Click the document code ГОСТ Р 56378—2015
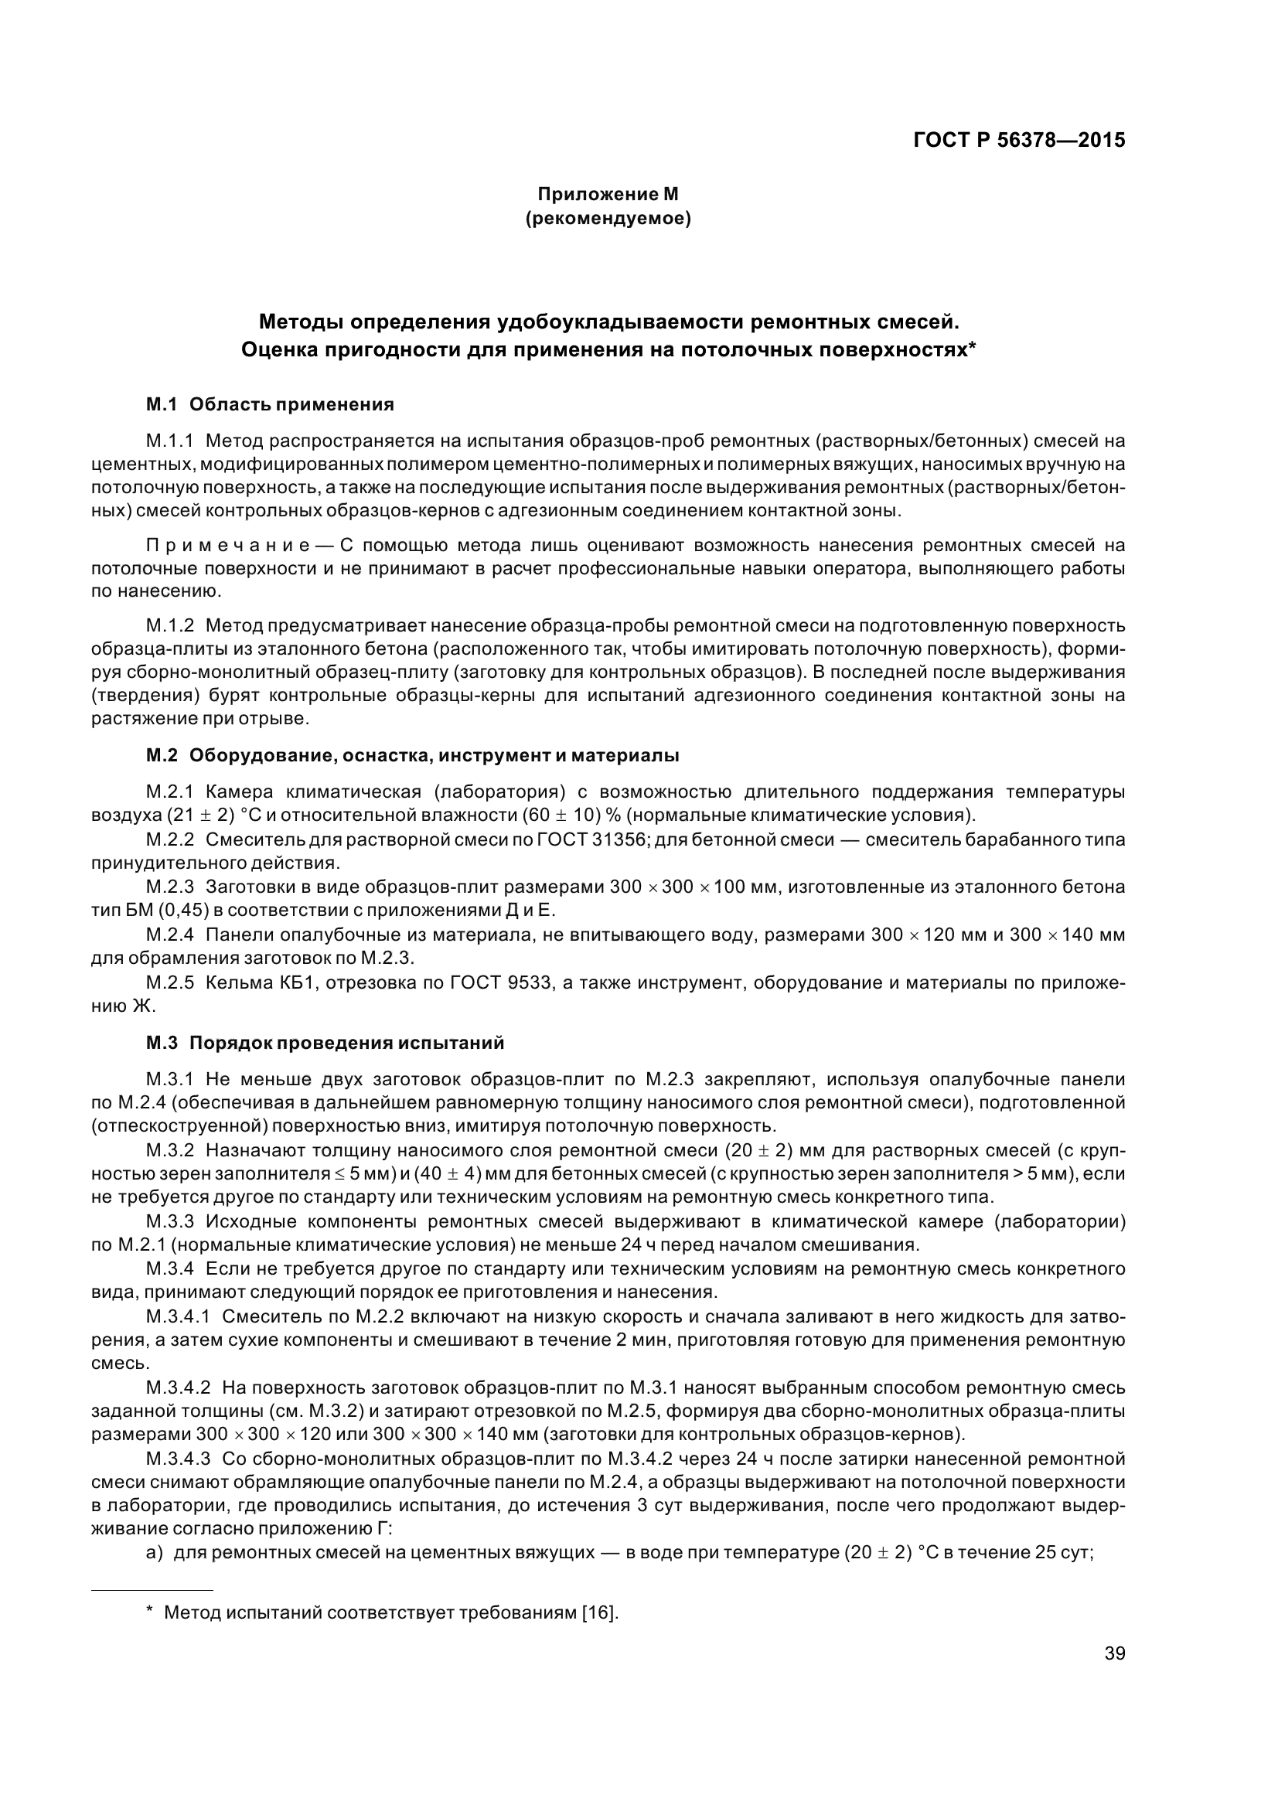1019,141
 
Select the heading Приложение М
607,194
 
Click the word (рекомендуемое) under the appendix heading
607,219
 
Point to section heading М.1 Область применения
270,405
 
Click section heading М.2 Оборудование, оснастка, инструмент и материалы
413,756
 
